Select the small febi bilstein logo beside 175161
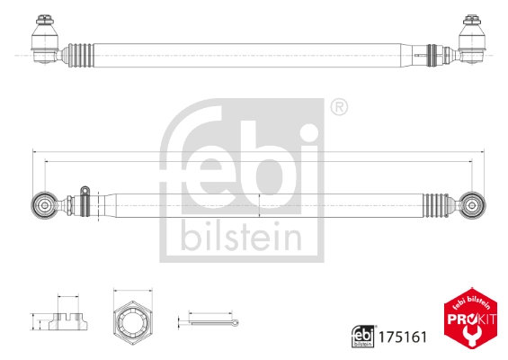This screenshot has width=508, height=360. [361, 336]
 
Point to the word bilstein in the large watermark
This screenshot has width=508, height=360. [241, 238]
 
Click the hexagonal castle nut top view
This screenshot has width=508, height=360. [133, 319]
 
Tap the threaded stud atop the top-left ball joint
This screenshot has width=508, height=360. [44, 19]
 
